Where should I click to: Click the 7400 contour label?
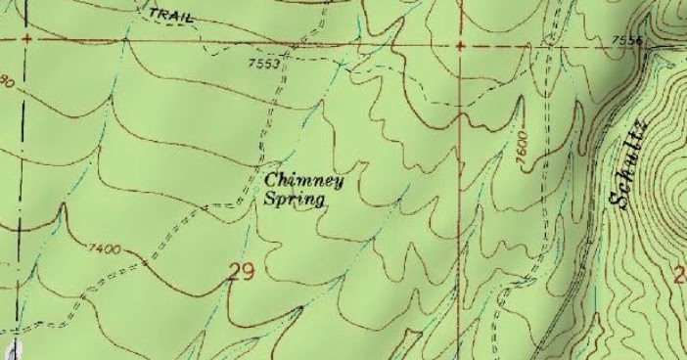tap(103, 249)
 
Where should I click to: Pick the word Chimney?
tap(299, 181)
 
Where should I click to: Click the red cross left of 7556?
tap(460, 45)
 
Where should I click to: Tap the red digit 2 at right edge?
tap(680, 276)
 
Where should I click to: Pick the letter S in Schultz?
tap(618, 199)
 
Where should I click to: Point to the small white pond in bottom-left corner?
tap(14, 349)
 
